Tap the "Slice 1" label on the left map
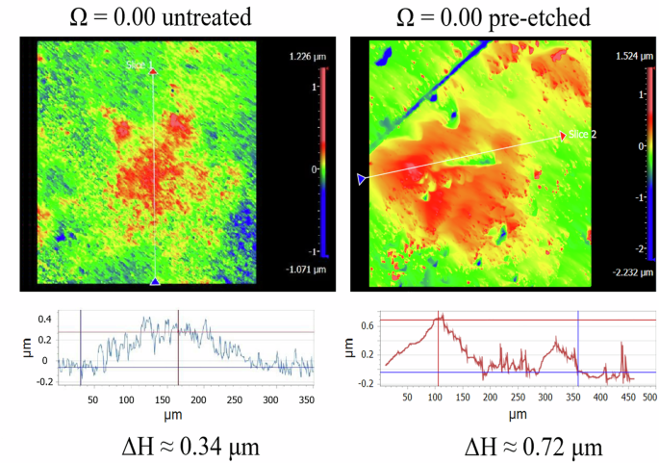pos(140,64)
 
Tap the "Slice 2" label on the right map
pos(583,134)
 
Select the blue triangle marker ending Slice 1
pos(155,281)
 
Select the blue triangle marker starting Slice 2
pos(361,179)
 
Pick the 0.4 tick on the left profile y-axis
pos(44,318)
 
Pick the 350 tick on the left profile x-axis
pos(306,398)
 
